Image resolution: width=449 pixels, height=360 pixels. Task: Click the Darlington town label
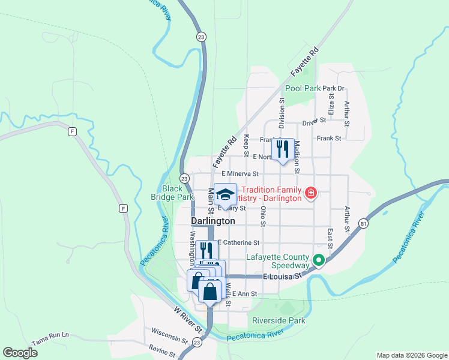click(x=212, y=221)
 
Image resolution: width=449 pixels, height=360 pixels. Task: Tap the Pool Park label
click(x=303, y=88)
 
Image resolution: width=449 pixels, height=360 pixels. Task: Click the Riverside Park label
click(x=279, y=320)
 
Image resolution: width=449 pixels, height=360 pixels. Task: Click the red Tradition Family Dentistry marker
click(x=311, y=193)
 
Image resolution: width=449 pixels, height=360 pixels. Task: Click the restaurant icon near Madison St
click(x=282, y=149)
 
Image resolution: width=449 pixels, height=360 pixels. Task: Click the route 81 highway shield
click(x=364, y=223)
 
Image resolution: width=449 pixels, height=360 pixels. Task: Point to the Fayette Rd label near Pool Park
click(x=304, y=61)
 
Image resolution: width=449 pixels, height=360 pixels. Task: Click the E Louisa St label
click(x=282, y=277)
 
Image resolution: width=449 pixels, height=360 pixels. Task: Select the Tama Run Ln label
click(x=50, y=334)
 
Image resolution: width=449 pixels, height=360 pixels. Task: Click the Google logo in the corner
click(x=20, y=353)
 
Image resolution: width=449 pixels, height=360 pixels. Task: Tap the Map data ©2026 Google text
click(x=411, y=355)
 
